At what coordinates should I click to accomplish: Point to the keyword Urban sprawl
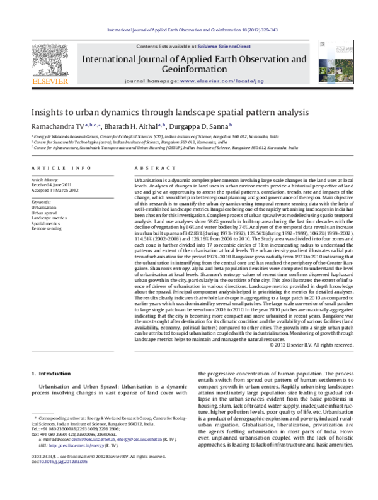click(x=43, y=213)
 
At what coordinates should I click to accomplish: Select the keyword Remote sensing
click(x=46, y=230)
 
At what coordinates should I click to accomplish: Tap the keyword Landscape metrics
click(x=48, y=218)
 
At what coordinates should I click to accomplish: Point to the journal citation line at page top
click(x=189, y=30)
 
